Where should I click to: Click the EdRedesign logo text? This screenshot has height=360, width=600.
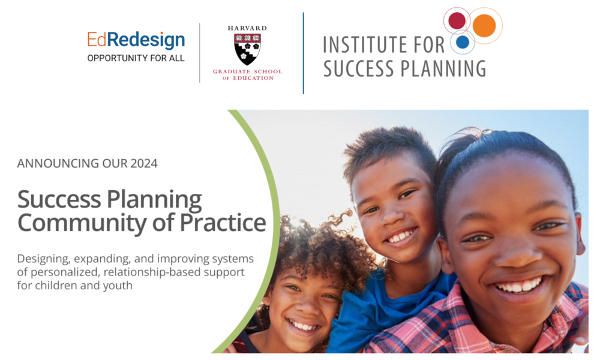(x=136, y=40)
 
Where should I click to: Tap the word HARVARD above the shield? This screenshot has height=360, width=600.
(x=247, y=28)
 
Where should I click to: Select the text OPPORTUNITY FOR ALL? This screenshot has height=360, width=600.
(x=136, y=58)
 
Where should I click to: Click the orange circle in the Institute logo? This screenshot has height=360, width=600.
(x=484, y=25)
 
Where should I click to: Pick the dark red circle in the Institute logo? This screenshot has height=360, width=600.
(x=457, y=20)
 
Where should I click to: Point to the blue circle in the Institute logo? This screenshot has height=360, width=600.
(x=462, y=42)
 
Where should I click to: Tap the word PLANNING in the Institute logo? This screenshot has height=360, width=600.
(x=442, y=68)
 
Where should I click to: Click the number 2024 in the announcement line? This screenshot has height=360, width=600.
(x=144, y=163)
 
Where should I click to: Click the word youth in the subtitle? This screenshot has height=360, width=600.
(x=118, y=285)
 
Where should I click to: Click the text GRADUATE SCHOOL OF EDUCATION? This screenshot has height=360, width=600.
(x=247, y=75)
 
